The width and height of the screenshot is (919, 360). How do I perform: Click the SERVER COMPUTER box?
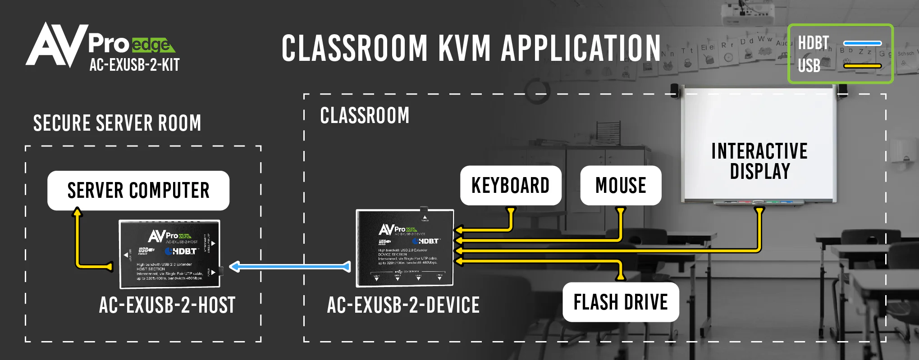point(138,191)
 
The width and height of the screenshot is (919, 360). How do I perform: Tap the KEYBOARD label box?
point(510,185)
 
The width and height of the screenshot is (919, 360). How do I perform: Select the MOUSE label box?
point(621,185)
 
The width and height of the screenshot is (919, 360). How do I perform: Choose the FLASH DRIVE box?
point(621,302)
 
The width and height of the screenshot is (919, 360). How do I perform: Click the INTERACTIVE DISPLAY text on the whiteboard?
point(759,161)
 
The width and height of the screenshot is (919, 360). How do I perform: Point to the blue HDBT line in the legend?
point(862,43)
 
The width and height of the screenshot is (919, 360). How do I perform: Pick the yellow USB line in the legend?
point(862,66)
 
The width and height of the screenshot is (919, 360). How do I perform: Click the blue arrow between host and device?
point(290,267)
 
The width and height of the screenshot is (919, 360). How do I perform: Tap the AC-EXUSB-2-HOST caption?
point(167,305)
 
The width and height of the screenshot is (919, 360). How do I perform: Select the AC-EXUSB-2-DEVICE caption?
point(403,305)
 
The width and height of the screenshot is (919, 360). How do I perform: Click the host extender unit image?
point(169,254)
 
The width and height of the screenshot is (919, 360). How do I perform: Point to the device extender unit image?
point(405,248)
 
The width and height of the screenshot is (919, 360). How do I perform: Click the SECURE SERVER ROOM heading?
point(117,123)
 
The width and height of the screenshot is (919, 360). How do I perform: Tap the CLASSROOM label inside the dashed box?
point(365,115)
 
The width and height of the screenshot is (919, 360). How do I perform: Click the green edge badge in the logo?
point(152,45)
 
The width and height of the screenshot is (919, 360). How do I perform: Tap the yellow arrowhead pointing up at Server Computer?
point(78,211)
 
